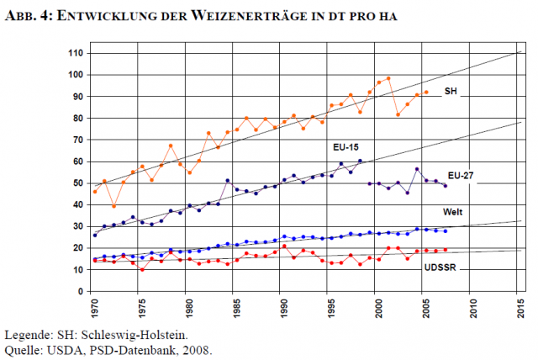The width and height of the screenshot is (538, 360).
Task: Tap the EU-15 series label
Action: pyautogui.click(x=345, y=146)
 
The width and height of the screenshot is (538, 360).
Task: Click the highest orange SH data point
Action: pyautogui.click(x=388, y=78)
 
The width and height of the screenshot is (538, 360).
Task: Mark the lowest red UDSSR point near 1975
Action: pyautogui.click(x=142, y=269)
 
